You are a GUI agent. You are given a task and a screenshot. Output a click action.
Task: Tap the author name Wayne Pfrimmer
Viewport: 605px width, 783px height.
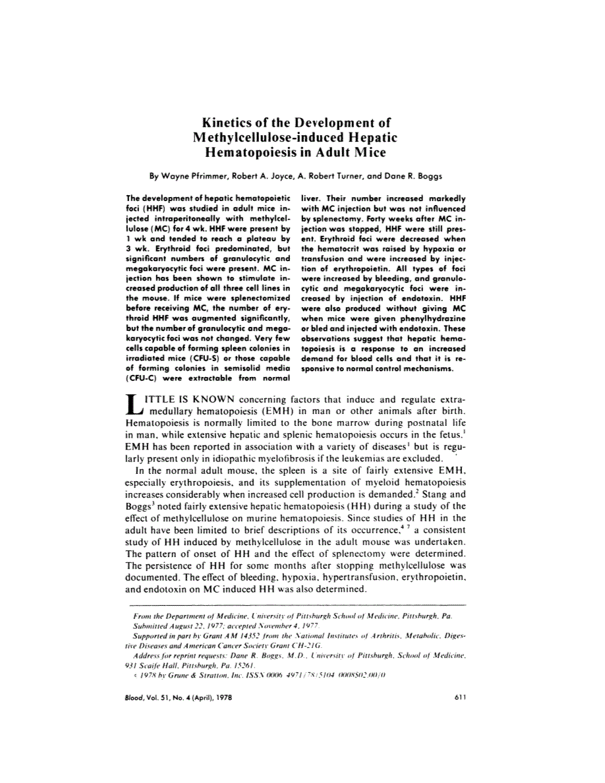point(196,177)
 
